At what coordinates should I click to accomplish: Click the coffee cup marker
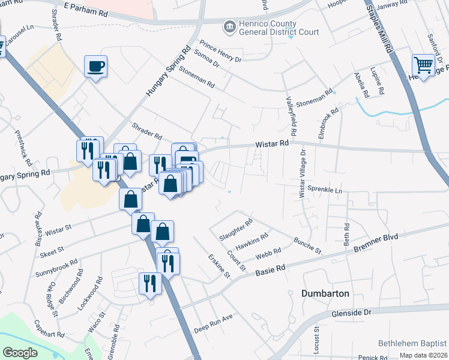tap(96, 65)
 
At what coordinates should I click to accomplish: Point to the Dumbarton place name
tap(324, 293)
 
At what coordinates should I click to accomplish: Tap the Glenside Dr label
tap(352, 313)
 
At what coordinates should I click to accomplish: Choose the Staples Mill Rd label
tap(380, 30)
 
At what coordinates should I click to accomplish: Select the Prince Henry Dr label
tap(220, 51)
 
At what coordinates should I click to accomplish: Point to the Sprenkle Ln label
tap(324, 190)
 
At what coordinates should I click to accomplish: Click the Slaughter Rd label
tap(236, 230)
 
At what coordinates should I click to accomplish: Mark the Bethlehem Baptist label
tap(412, 343)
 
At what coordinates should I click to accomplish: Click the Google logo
tap(20, 353)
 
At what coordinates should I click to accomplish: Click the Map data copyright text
tap(422, 355)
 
